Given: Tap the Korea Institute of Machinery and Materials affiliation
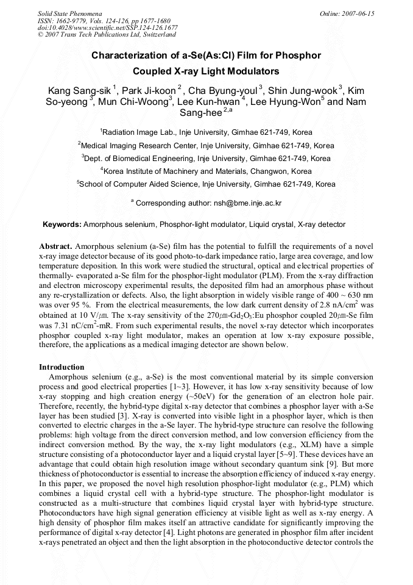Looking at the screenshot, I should click(x=206, y=171).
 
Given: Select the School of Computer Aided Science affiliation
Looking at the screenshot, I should click(x=206, y=184).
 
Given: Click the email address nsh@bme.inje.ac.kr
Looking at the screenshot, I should click(x=247, y=203).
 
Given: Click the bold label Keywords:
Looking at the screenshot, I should click(x=62, y=224).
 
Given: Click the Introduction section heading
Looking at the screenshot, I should click(x=62, y=367).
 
